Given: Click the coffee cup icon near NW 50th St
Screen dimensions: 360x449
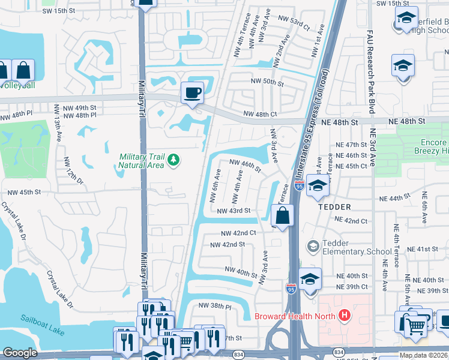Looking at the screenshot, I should (192, 93).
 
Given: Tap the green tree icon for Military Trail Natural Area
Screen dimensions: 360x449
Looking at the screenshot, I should (173, 159).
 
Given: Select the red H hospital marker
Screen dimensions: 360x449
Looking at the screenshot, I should (345, 314).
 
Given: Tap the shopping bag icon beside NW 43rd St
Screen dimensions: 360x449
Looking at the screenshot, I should (282, 215).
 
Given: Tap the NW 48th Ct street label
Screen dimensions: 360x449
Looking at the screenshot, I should (260, 114).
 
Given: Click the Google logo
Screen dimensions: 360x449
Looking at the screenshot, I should (20, 353).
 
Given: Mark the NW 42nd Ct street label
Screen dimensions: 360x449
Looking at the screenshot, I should (238, 233).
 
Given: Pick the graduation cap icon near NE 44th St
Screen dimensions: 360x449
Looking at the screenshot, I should (317, 186).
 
